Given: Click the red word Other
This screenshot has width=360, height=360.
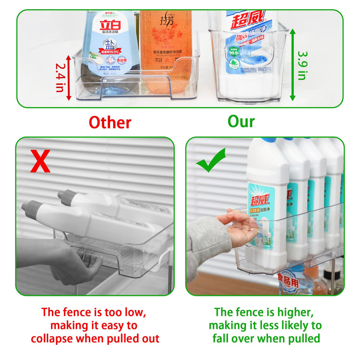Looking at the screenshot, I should click(x=110, y=122).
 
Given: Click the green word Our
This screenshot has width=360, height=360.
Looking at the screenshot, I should click(x=241, y=121).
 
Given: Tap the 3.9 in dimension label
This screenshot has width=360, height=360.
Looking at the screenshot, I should click(x=302, y=65).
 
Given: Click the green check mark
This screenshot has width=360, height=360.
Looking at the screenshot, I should click(x=211, y=160).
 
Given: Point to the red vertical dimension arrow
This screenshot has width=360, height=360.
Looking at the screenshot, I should click(x=69, y=77).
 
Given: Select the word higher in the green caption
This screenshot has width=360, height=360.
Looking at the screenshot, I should click(x=295, y=312).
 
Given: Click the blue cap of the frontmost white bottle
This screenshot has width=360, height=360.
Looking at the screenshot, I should click(x=268, y=140).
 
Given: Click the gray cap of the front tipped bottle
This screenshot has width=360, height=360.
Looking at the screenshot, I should click(x=30, y=207).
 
